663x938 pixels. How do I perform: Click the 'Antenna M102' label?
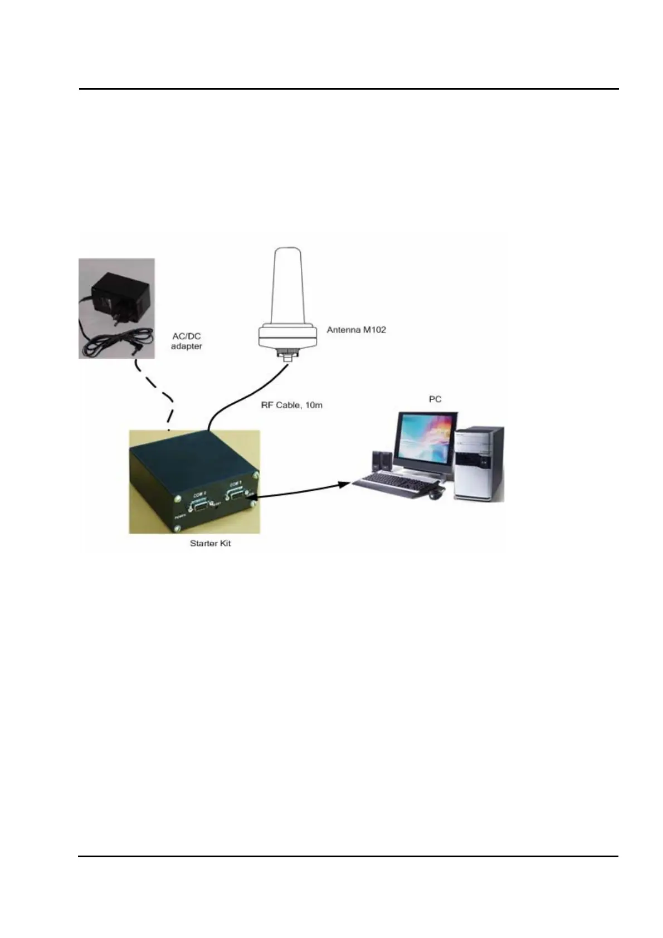[356, 330]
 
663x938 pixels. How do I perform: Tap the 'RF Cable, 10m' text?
[291, 405]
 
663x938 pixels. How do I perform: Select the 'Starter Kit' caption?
[210, 543]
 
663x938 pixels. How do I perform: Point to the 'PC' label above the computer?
[435, 399]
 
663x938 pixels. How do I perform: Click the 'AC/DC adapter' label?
[186, 341]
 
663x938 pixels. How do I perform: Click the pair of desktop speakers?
[381, 461]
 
